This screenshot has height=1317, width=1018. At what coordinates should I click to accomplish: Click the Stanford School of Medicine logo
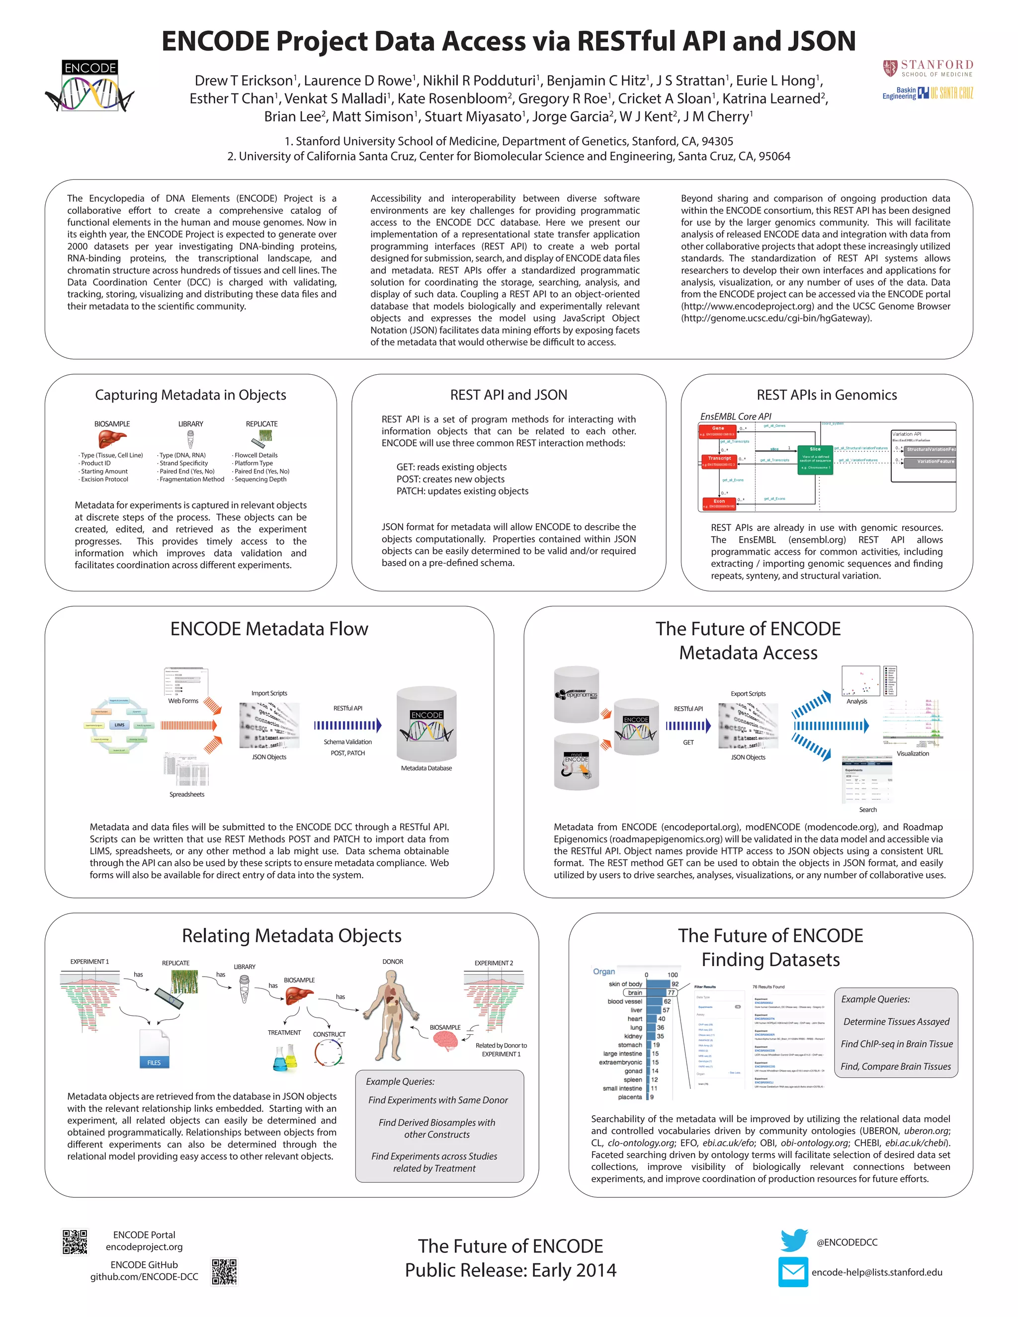(x=928, y=68)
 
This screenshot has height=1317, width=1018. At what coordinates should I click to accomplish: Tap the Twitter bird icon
(x=794, y=1240)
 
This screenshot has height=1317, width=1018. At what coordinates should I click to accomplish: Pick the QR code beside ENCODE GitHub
(x=224, y=1271)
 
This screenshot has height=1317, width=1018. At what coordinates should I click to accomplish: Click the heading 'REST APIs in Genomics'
(x=826, y=395)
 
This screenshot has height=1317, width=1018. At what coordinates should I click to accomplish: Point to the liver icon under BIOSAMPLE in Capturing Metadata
(x=112, y=439)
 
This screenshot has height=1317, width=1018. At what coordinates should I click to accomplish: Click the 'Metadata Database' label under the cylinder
(x=426, y=768)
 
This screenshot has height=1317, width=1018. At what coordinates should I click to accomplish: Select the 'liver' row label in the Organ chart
(x=636, y=1010)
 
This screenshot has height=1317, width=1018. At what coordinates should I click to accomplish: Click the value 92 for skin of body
(x=675, y=984)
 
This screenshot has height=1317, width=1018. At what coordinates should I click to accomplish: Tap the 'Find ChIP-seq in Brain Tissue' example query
(x=896, y=1044)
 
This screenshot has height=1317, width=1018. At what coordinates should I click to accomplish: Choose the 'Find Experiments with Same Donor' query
(x=438, y=1100)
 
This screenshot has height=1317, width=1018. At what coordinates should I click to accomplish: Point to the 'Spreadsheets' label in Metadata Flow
(x=186, y=794)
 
